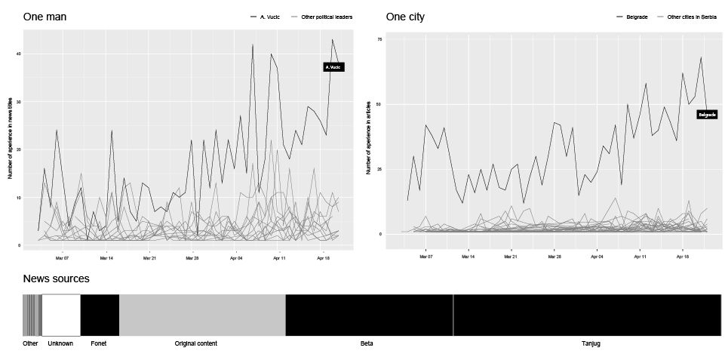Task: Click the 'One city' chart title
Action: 405,17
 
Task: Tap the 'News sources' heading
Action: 56,279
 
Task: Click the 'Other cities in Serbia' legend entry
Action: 691,17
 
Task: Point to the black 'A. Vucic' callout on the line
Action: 333,67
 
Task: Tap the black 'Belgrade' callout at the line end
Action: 706,115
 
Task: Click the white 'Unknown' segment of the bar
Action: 60,315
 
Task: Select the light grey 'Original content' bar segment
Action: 202,315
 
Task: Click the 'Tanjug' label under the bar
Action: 591,344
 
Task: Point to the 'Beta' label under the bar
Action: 367,344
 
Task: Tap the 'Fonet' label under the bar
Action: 99,344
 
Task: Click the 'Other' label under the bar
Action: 30,344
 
